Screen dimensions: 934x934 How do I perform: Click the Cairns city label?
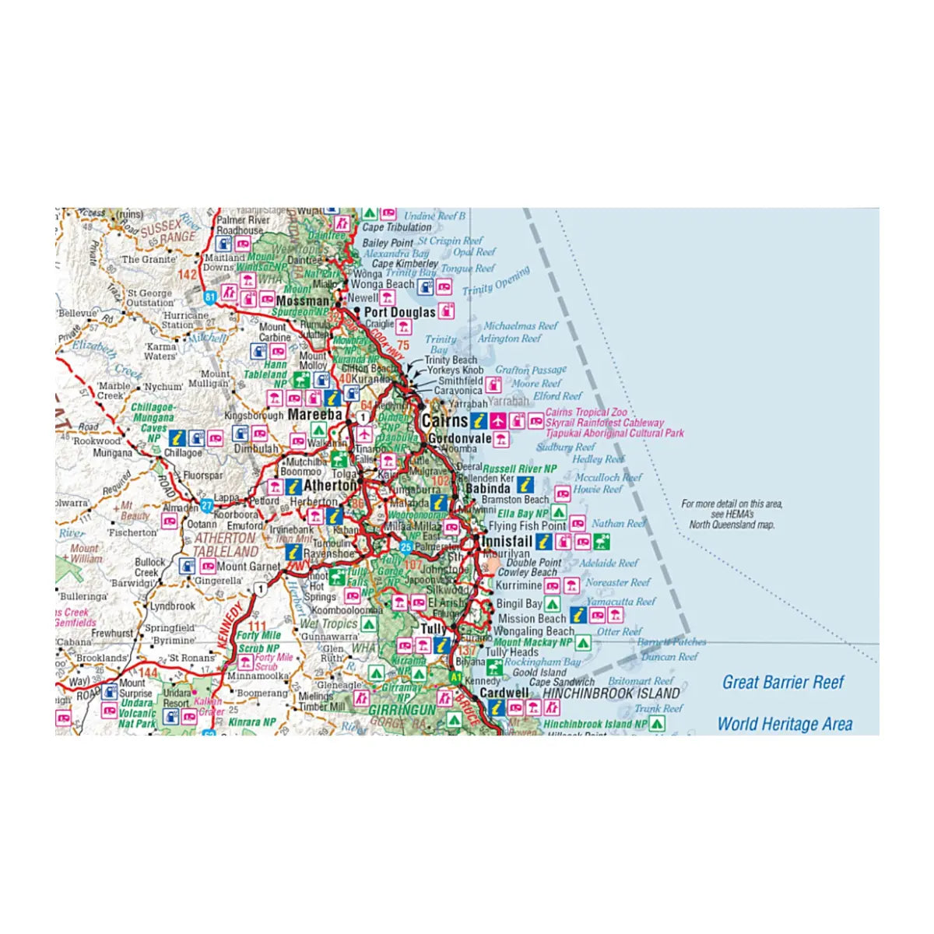tap(445, 421)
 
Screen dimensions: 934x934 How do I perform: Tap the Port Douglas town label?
tap(400, 312)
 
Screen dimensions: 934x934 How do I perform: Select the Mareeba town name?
tap(314, 415)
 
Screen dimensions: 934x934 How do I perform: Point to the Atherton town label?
tap(330, 486)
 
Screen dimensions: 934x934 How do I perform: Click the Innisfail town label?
tap(507, 541)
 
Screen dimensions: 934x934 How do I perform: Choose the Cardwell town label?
tap(504, 693)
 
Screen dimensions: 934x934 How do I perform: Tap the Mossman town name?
tap(302, 300)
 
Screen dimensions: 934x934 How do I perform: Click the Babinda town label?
tap(488, 489)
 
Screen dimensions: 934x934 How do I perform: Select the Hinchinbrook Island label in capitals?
tap(611, 693)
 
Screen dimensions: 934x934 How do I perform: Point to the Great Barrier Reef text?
tap(783, 683)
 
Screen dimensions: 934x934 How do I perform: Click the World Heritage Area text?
tap(785, 724)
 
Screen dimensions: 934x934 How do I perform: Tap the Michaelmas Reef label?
tap(521, 326)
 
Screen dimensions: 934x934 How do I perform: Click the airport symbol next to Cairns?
tap(498, 421)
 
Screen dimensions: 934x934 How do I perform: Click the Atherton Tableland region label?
tap(225, 545)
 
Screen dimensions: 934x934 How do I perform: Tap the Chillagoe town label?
tap(182, 452)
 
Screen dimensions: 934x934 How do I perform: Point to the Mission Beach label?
tap(532, 618)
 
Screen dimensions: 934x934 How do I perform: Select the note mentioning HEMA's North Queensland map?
tap(732, 514)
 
